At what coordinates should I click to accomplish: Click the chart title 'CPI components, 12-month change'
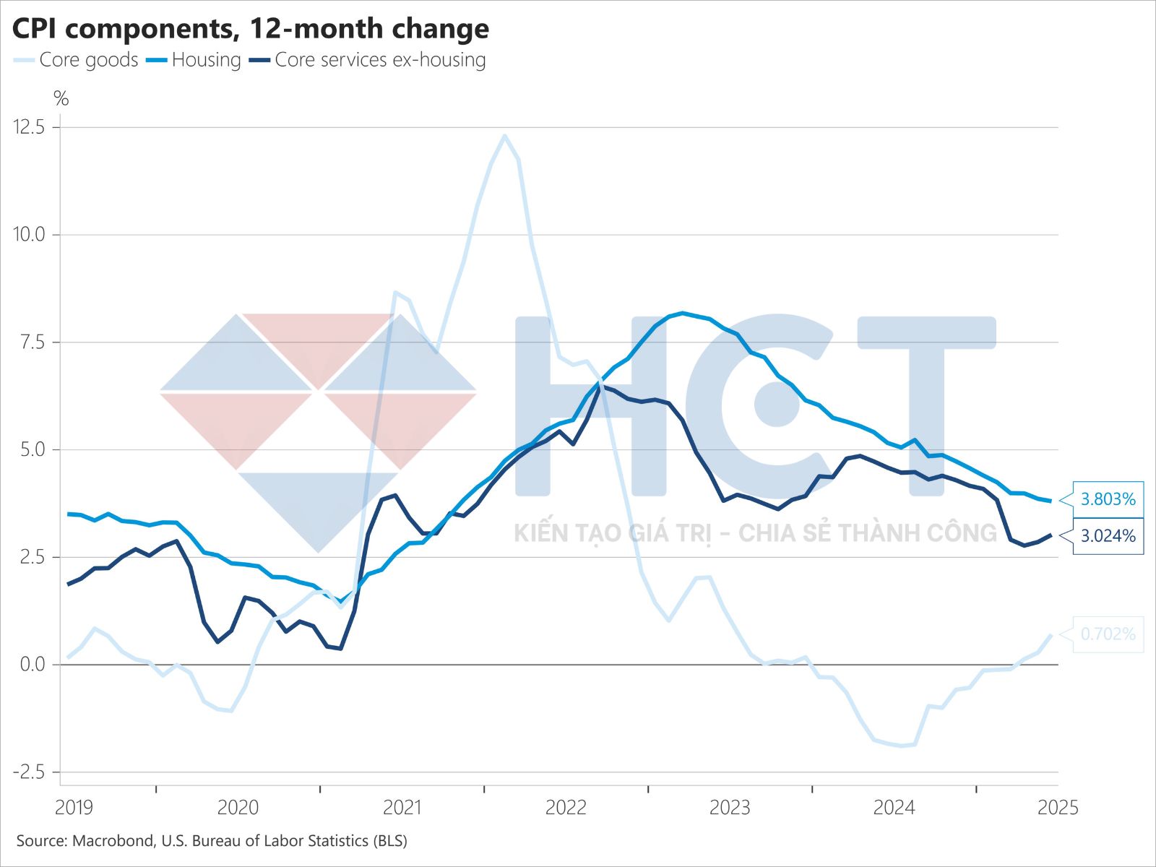(x=251, y=29)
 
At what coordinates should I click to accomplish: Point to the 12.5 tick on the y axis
(x=29, y=127)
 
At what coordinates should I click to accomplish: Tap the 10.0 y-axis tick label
(x=29, y=235)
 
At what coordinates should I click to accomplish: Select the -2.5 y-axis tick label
(x=29, y=772)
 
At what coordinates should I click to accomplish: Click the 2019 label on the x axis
(x=74, y=807)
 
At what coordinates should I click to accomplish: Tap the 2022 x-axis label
(x=566, y=807)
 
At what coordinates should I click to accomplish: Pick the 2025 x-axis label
(x=1058, y=807)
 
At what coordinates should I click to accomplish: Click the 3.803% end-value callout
(x=1108, y=499)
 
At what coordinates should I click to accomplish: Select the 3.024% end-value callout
(x=1108, y=536)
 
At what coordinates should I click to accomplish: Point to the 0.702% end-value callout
(x=1108, y=634)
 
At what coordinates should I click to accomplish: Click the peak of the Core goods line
(x=504, y=135)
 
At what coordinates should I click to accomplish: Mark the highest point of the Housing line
(x=683, y=313)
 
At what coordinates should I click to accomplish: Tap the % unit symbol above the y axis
(x=61, y=99)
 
